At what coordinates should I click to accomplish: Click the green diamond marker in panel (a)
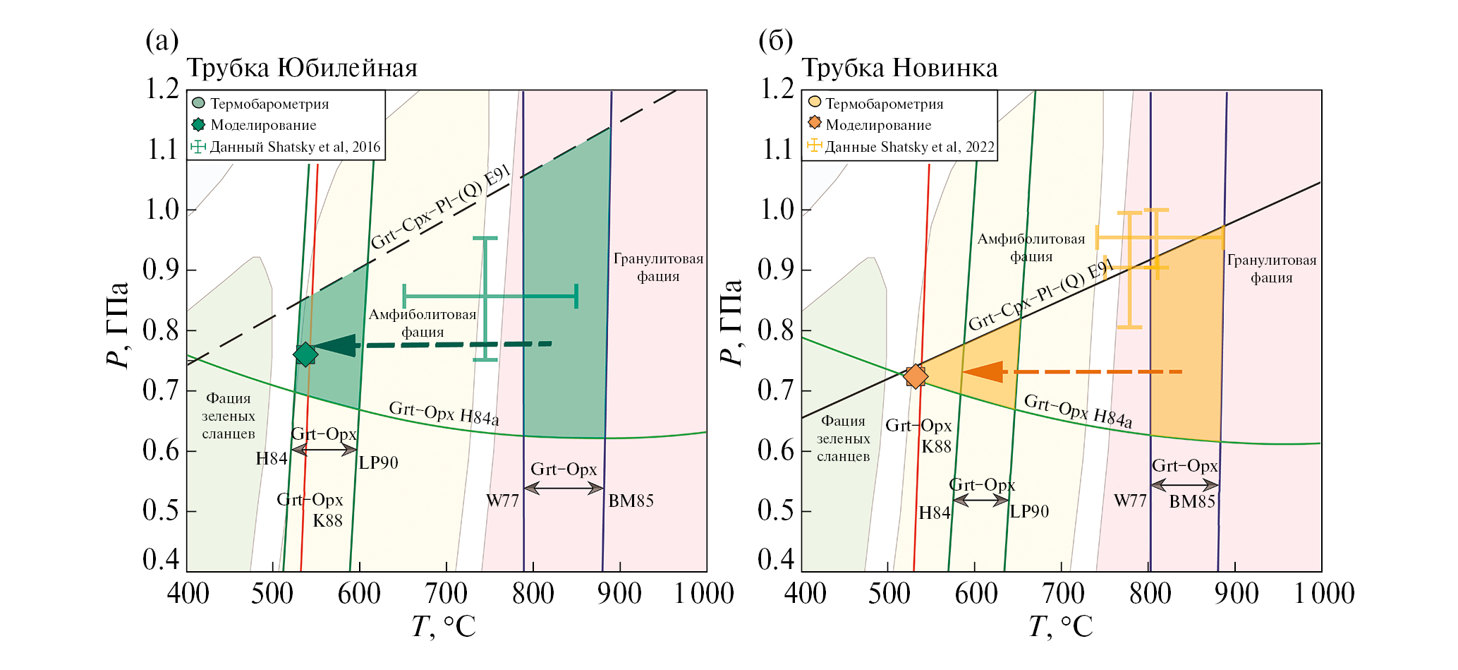coord(305,354)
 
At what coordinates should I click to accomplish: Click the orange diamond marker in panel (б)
coord(915,376)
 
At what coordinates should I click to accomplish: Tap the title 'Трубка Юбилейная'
coord(301,68)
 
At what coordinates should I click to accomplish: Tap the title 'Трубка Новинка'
coord(899,68)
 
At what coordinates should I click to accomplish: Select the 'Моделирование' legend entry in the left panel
coord(263,126)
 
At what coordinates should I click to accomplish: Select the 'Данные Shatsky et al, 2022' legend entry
coord(909,147)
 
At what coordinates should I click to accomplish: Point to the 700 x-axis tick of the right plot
coord(1062,594)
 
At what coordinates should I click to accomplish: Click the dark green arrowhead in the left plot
coord(334,346)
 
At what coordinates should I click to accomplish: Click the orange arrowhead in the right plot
coord(983,371)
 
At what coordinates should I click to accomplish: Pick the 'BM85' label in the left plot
coord(631,501)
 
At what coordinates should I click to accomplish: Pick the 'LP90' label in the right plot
coord(1029,512)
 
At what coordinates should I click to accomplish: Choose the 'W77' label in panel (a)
coord(502,501)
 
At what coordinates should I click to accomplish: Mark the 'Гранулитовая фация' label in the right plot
coord(1271,269)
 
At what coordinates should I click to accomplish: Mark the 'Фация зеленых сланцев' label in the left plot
coord(228,417)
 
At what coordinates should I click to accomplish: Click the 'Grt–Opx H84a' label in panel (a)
coord(444,414)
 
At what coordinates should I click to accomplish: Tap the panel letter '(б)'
coord(775,41)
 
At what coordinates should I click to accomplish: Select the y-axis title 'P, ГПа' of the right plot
coord(731,323)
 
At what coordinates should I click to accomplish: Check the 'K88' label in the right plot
coord(936,447)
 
